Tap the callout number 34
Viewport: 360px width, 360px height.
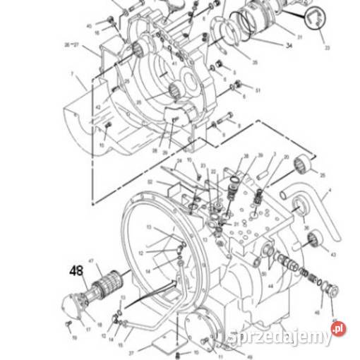(288, 47)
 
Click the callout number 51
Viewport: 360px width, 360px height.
(258, 90)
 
